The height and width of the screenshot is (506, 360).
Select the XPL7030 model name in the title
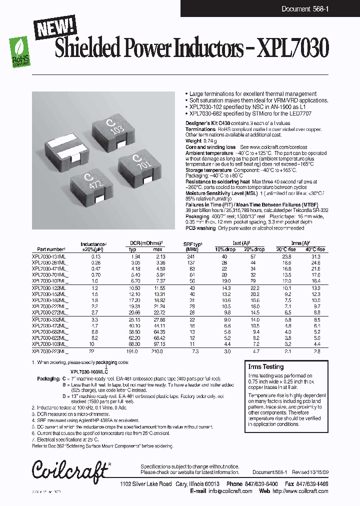pos(292,49)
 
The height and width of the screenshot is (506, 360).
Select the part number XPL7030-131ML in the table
pos(50,255)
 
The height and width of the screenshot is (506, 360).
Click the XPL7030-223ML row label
pos(50,352)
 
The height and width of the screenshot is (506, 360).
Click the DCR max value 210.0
pos(157,352)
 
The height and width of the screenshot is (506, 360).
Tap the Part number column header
pos(51,248)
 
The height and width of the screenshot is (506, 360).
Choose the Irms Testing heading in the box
pos(265,366)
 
